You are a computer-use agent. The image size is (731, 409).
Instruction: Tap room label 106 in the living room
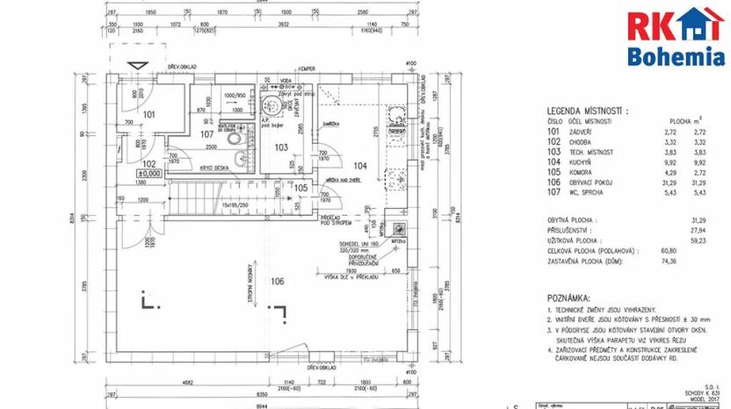click(278, 281)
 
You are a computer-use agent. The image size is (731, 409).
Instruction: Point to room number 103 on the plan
click(281, 147)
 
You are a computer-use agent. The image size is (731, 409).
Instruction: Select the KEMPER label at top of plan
click(306, 68)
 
